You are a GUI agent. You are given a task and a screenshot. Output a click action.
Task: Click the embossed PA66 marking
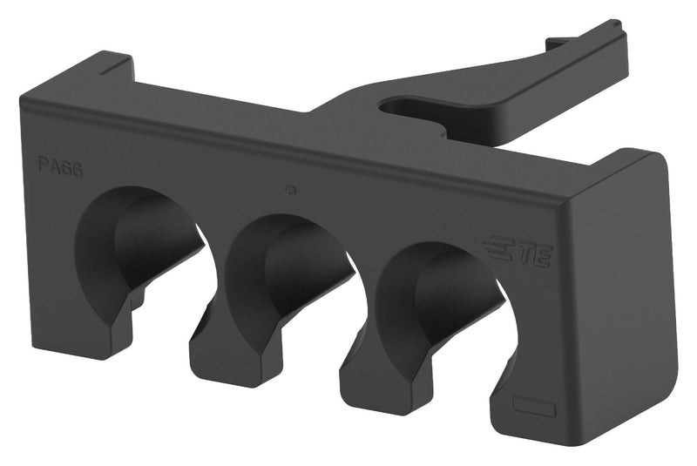point(60,166)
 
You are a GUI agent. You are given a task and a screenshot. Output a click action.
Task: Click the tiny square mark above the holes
point(292,186)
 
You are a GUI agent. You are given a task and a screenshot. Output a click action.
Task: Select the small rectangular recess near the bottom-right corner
point(534,406)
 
